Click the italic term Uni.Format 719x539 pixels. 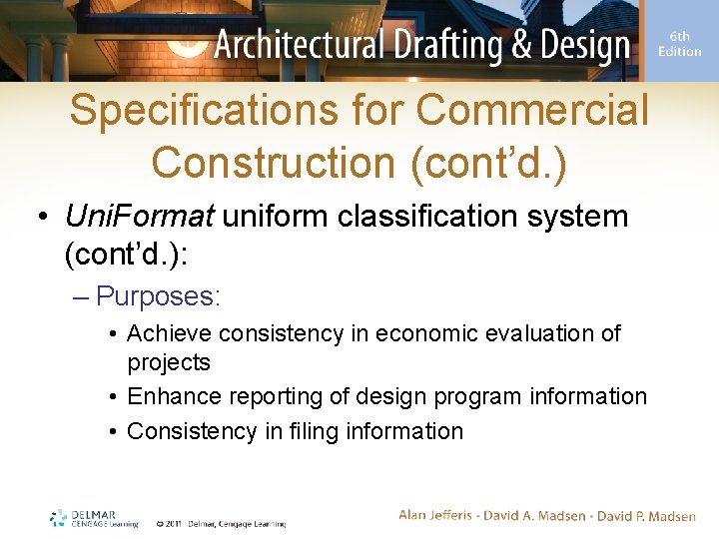pyautogui.click(x=139, y=216)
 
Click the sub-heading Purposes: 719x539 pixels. pyautogui.click(x=158, y=296)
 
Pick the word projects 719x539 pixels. pyautogui.click(x=169, y=361)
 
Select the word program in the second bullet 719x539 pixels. pyautogui.click(x=475, y=396)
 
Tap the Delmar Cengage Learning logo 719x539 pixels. pyautogui.click(x=94, y=518)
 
